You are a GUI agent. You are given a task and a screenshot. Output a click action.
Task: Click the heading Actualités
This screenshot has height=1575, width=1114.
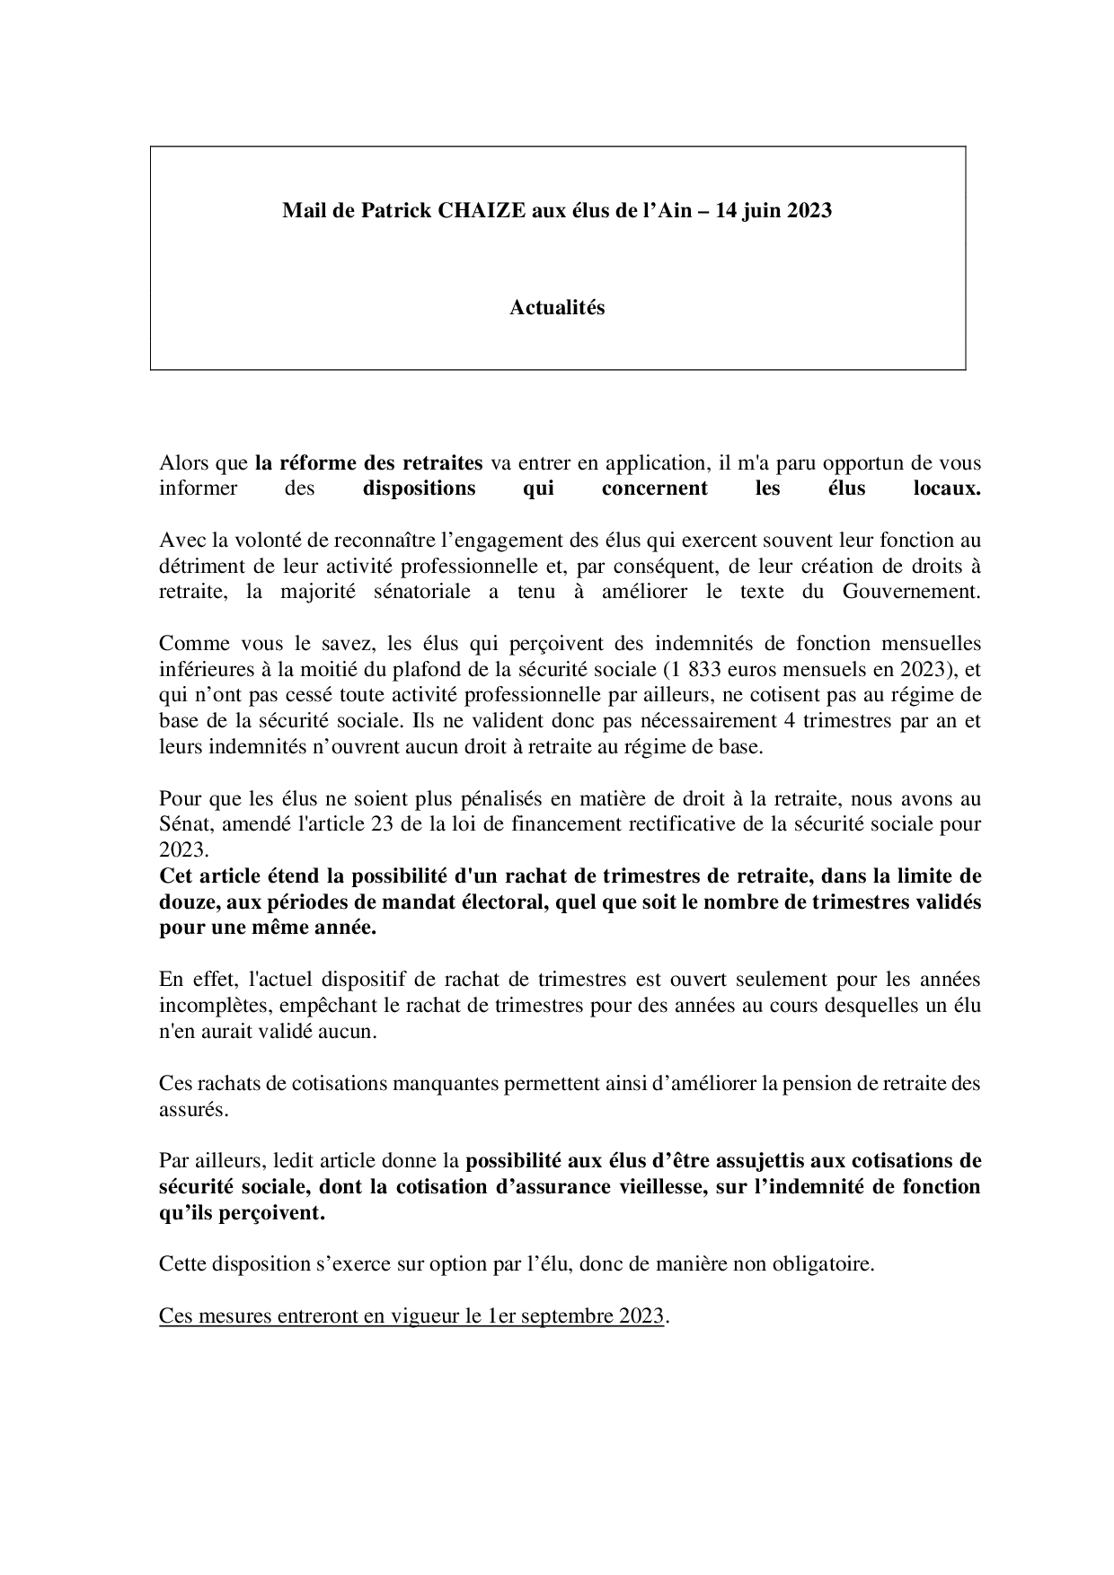point(557,308)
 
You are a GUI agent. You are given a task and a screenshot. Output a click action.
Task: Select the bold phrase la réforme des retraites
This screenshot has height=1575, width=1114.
point(369,463)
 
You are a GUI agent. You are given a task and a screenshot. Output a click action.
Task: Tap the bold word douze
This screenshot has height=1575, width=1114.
point(186,902)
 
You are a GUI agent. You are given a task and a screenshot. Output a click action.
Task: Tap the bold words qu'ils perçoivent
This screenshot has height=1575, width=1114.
point(242,1213)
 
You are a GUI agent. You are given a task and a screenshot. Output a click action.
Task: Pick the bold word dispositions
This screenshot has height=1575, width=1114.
point(419,489)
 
